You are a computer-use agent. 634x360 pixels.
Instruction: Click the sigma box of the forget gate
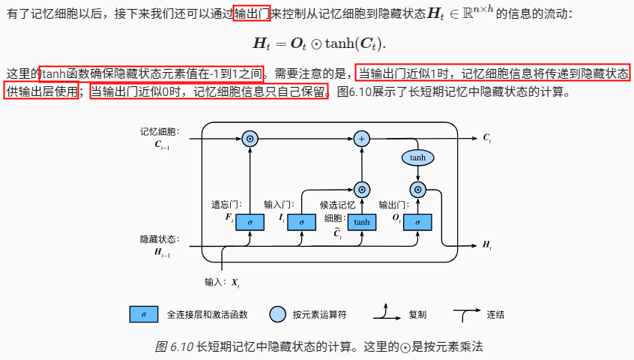point(250,222)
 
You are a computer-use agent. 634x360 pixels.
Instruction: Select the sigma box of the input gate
point(301,222)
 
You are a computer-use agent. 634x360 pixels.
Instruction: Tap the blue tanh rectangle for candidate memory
point(361,222)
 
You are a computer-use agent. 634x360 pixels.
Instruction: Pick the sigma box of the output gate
point(417,222)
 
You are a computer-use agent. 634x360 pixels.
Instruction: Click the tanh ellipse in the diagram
point(418,157)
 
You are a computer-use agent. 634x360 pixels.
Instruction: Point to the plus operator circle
point(362,139)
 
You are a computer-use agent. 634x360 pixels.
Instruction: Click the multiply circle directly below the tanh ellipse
point(418,189)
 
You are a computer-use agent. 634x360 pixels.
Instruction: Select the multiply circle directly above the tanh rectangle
point(362,189)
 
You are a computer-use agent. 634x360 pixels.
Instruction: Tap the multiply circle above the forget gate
point(250,139)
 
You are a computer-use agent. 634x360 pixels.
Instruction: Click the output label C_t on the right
point(486,138)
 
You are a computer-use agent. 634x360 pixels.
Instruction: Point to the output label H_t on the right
point(486,245)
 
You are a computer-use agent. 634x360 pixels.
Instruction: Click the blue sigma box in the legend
point(143,314)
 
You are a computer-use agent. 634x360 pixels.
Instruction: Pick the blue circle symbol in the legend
point(277,314)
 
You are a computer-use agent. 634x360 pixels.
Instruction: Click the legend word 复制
point(417,314)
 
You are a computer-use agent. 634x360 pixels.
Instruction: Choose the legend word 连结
point(495,314)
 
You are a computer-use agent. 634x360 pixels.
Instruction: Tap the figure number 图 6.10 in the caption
point(173,346)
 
